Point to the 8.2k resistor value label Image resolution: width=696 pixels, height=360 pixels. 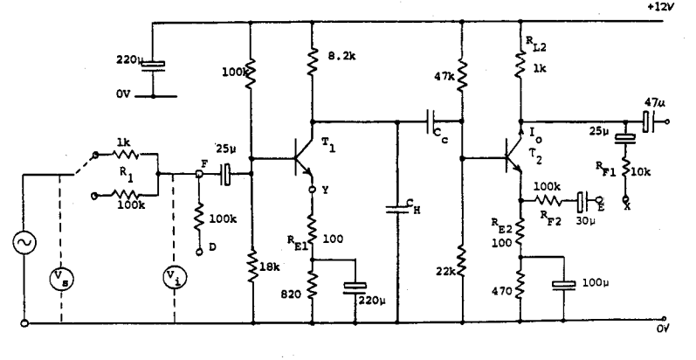tap(343, 59)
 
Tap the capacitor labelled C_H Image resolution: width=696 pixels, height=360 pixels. tap(398, 207)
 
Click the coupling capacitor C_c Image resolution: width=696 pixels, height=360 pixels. tap(432, 121)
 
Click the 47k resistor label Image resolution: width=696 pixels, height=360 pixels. tap(444, 77)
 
